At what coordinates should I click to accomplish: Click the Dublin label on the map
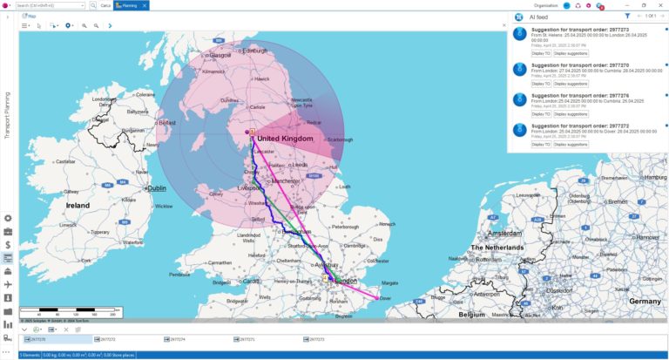click(157, 187)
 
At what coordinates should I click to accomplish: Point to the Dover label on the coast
click(388, 298)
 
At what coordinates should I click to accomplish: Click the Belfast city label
click(166, 123)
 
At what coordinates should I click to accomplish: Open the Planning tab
click(132, 5)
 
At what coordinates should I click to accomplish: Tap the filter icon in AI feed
click(627, 17)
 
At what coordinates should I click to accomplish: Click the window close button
click(659, 5)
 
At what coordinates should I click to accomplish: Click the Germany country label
click(645, 301)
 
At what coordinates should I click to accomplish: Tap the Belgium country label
click(471, 314)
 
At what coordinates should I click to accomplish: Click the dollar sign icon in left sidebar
click(8, 245)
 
